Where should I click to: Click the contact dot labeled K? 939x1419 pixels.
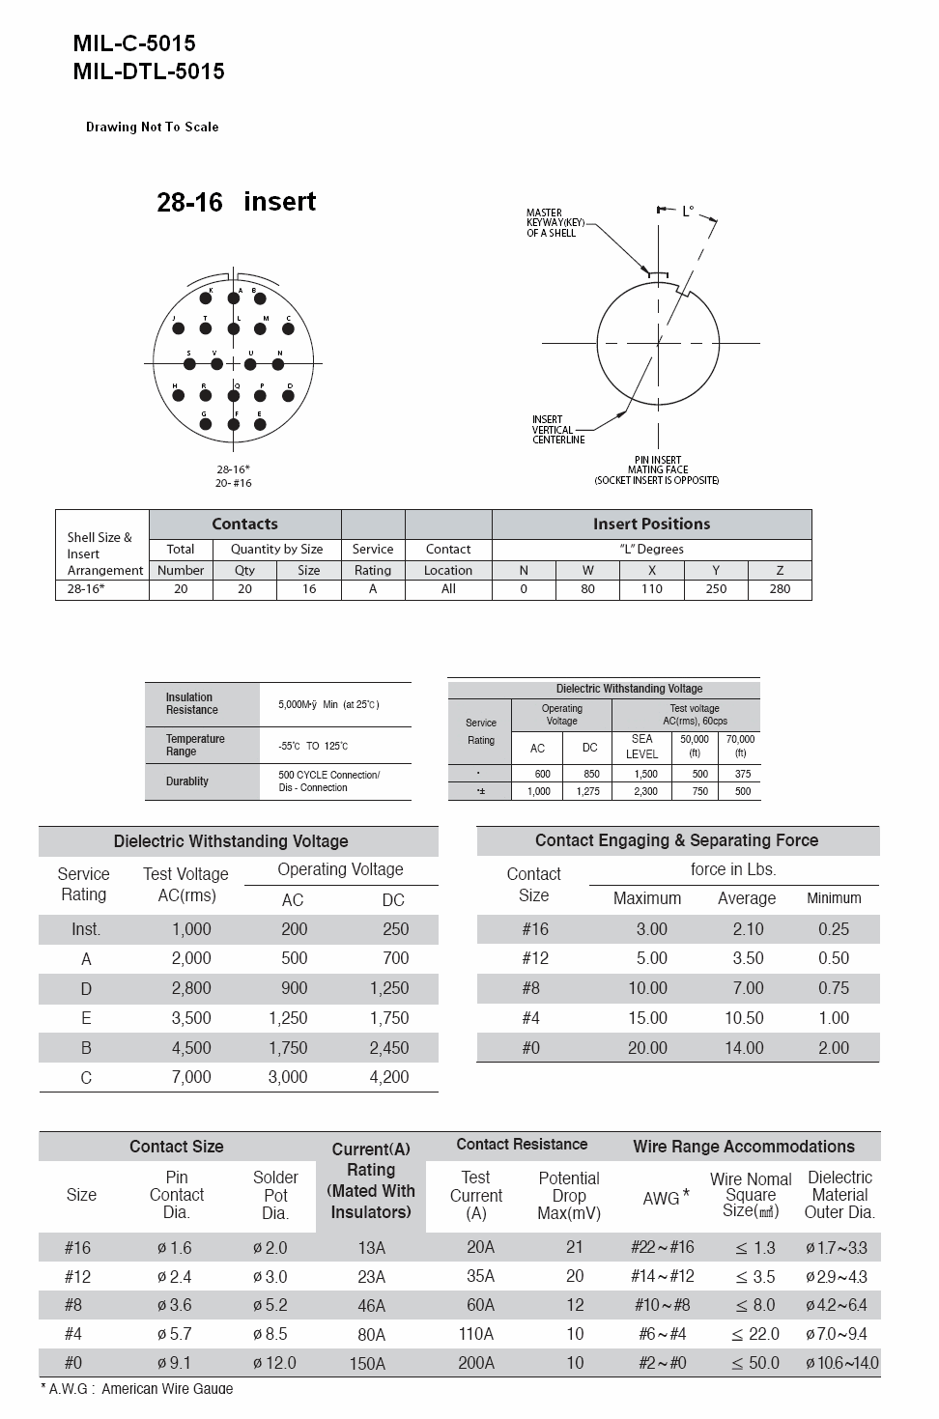pos(206,298)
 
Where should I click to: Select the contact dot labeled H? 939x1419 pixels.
pos(179,396)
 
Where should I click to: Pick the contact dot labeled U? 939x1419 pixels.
pos(250,364)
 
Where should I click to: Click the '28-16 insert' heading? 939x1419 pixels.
pos(237,202)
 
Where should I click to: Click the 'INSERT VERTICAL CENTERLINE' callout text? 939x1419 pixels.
pos(558,430)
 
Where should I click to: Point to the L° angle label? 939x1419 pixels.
pos(688,211)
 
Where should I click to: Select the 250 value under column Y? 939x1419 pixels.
pos(716,588)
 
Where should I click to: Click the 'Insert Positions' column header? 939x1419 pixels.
pos(651,524)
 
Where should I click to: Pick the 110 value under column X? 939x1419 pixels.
pos(652,588)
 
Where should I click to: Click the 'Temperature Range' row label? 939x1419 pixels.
pos(195,745)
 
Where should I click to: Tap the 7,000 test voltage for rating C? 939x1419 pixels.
pos(191,1077)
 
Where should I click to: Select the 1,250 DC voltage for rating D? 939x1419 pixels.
pos(389,988)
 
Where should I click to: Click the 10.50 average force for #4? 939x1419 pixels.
pos(744,1018)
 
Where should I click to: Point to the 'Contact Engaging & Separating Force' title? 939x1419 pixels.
pos(676,840)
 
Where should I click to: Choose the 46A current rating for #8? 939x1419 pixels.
pos(371,1306)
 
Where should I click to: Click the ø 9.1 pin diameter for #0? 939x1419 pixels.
pos(175,1363)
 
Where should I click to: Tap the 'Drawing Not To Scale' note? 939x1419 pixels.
pos(152,127)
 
